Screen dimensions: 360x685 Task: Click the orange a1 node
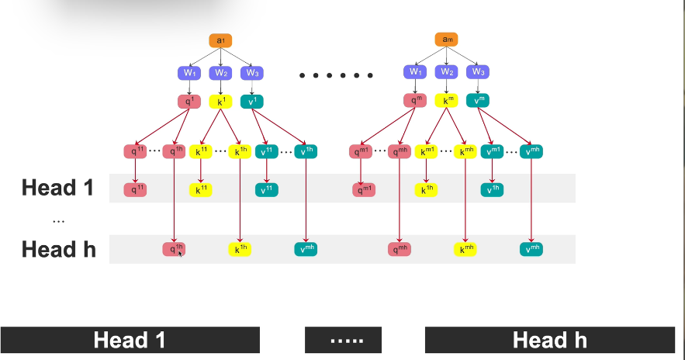pos(220,40)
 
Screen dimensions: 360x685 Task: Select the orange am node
pos(447,40)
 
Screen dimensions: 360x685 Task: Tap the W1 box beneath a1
pos(190,73)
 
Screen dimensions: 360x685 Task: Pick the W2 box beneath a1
pos(221,73)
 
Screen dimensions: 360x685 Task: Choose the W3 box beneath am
pos(477,72)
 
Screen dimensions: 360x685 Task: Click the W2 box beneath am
pos(447,72)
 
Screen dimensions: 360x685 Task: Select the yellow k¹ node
pos(221,101)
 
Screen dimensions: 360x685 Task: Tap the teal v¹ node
pos(251,101)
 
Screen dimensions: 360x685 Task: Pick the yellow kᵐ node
pos(447,100)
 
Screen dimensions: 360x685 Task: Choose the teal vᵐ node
pos(477,100)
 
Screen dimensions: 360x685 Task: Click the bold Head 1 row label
pos(57,188)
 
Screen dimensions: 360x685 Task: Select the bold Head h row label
pos(58,249)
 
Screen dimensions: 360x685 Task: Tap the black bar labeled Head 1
pos(130,340)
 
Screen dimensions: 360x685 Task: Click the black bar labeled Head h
pos(549,340)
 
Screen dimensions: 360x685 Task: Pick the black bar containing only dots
pos(343,340)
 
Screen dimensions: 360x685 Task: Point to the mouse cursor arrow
pos(180,252)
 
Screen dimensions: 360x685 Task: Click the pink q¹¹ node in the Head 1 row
pos(137,189)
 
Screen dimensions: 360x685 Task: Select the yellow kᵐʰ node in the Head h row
pos(465,249)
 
